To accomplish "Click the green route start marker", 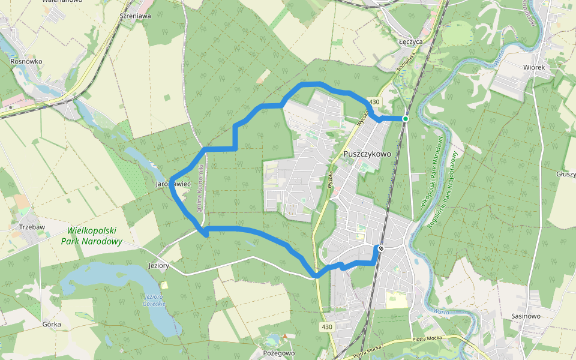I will point(406,119).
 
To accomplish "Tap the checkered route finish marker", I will point(380,248).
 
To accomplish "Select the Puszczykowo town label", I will point(367,154).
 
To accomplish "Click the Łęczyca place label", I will point(411,42).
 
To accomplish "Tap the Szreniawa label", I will point(135,16).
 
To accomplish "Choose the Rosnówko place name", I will point(26,61).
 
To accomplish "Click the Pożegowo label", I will point(279,353).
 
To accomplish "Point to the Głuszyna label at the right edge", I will point(565,173).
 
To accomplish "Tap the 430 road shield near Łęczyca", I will point(375,102).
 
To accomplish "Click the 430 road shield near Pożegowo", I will point(326,326).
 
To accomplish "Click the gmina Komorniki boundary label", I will point(203,189).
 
